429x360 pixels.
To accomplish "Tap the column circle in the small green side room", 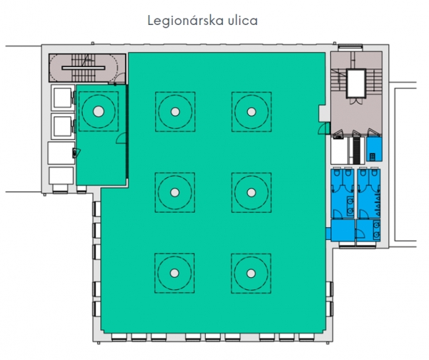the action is (99, 111).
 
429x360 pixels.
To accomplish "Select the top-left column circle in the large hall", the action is (175, 111).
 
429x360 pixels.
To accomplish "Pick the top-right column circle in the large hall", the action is (252, 111).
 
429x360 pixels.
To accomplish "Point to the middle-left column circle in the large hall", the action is (175, 192).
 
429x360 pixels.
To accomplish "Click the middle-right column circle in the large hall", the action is (251, 192).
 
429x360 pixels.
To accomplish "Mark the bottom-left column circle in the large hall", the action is (174, 273).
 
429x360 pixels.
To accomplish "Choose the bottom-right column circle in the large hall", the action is (251, 273).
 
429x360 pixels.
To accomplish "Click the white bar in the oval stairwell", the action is (83, 68).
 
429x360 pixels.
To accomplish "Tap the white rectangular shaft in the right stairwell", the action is (356, 83).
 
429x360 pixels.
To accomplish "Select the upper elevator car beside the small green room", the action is (63, 98).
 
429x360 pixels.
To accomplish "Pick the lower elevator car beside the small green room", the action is (63, 126).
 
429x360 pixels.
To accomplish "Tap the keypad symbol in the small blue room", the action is (373, 157).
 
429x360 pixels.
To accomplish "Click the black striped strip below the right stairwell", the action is (356, 150).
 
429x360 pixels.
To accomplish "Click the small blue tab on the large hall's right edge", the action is (328, 234).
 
